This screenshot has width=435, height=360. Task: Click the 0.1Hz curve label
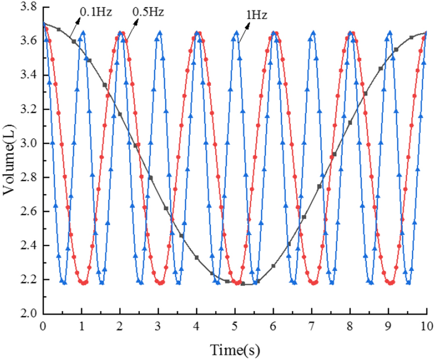point(96,11)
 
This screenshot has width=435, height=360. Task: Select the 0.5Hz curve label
point(149,11)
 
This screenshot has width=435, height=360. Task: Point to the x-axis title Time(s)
point(235,349)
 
